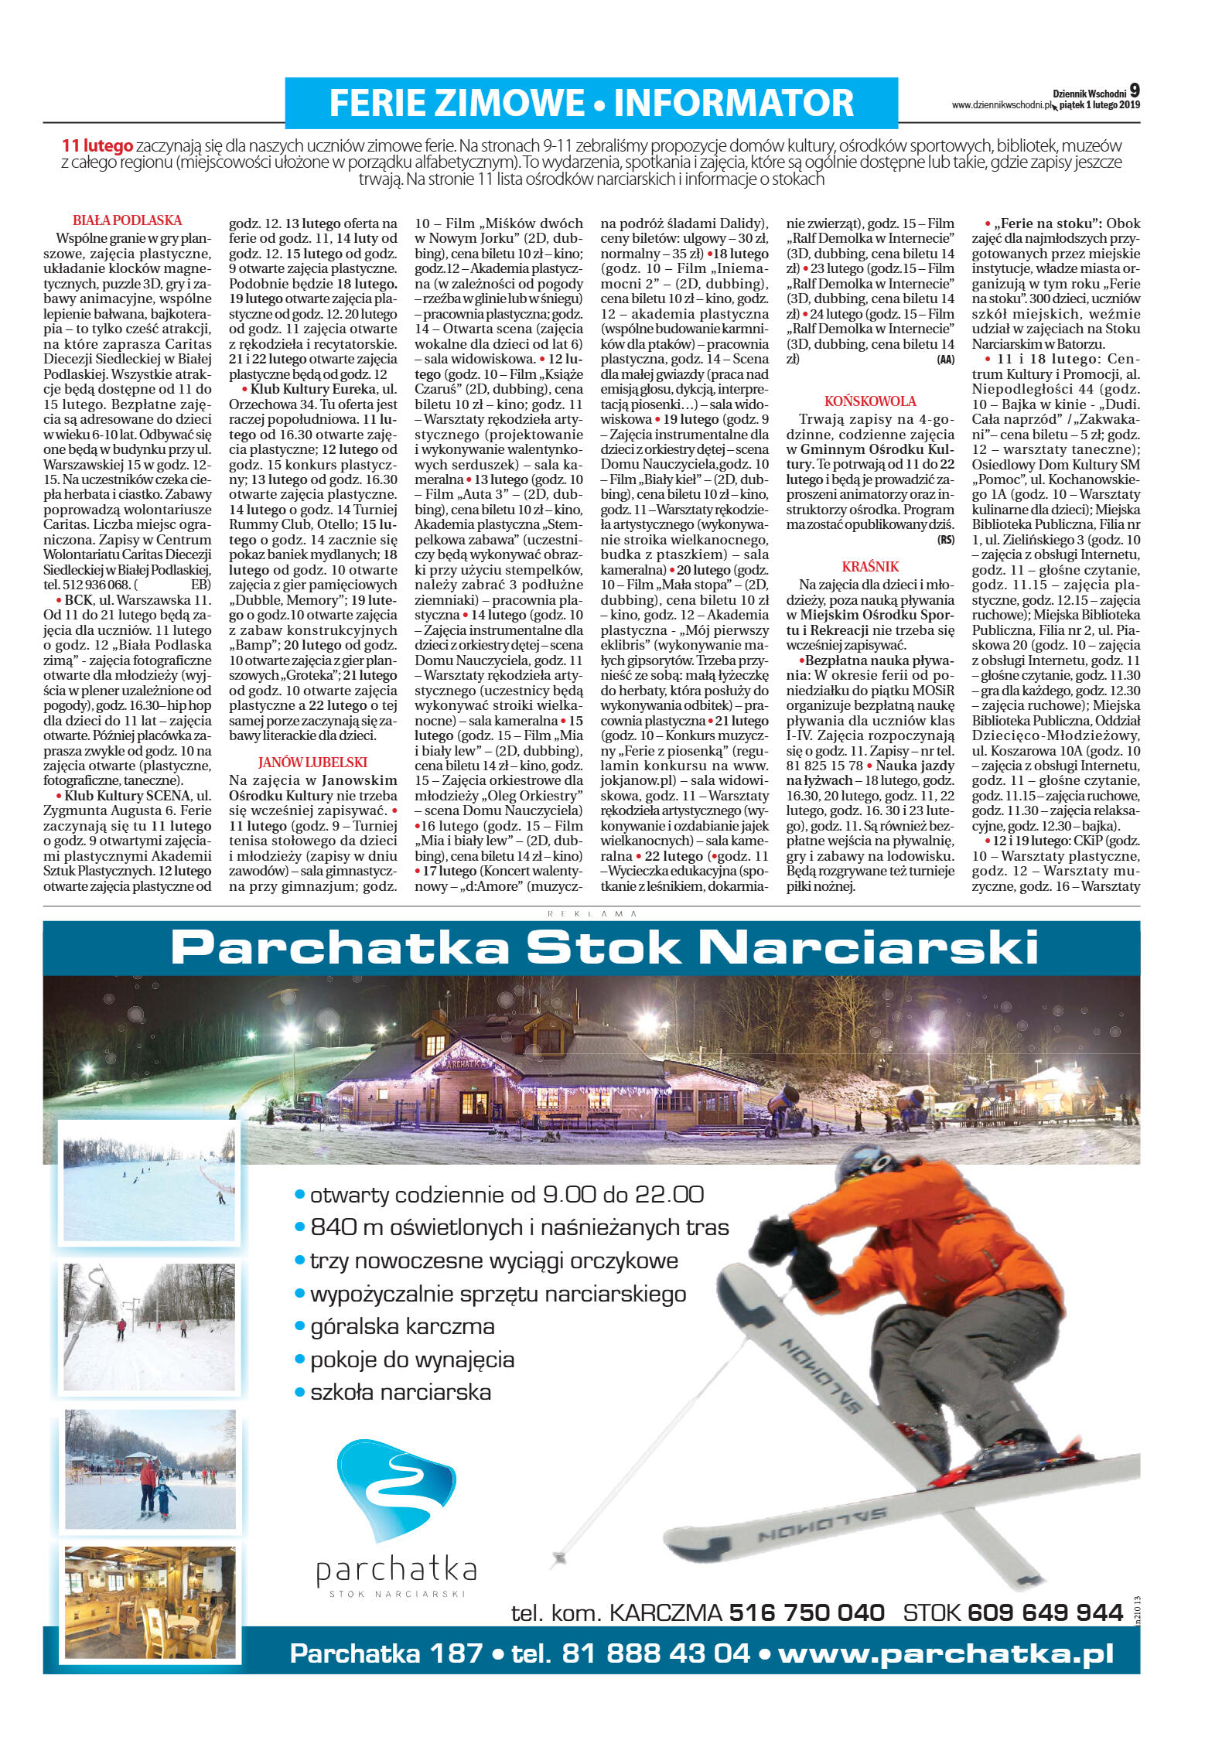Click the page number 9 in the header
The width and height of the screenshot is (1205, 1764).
pyautogui.click(x=1134, y=90)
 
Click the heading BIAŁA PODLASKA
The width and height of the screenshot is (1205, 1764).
pyautogui.click(x=127, y=220)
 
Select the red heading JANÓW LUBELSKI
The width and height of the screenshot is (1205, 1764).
pyautogui.click(x=312, y=762)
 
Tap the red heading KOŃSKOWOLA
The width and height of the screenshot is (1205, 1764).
pyautogui.click(x=870, y=401)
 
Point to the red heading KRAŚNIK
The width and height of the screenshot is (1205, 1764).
pyautogui.click(x=870, y=566)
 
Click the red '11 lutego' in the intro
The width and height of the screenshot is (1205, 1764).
pyautogui.click(x=97, y=145)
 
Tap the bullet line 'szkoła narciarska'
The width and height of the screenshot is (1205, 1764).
pyautogui.click(x=400, y=1392)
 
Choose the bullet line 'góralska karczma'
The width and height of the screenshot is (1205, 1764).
pyautogui.click(x=401, y=1326)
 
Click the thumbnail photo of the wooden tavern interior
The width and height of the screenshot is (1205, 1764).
pyautogui.click(x=149, y=1602)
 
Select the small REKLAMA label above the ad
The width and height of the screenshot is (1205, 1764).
pyautogui.click(x=592, y=913)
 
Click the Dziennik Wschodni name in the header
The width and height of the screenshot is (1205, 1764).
pyautogui.click(x=1088, y=94)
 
